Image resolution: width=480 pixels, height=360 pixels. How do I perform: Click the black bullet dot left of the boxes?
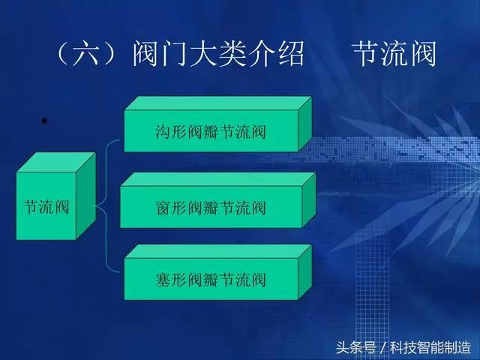click(44, 121)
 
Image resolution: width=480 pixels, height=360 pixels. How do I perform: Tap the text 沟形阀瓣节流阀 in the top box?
click(211, 132)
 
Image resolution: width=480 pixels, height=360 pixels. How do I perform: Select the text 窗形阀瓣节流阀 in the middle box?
click(211, 208)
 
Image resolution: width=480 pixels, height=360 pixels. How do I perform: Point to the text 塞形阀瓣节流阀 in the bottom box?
click(211, 280)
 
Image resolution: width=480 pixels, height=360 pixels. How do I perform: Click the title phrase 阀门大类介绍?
click(218, 53)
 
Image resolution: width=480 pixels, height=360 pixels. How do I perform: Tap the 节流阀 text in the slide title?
click(394, 53)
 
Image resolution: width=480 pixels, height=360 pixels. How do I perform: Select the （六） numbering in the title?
click(87, 53)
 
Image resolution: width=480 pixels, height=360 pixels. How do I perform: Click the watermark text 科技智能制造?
click(430, 347)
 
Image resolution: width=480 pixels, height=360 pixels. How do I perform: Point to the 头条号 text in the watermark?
click(355, 347)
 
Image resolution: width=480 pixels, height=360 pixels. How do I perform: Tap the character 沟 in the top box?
click(163, 132)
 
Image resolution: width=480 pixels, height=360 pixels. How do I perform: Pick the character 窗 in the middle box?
click(163, 208)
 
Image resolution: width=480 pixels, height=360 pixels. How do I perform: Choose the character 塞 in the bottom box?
click(163, 280)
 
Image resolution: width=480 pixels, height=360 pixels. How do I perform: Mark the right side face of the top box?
click(305, 124)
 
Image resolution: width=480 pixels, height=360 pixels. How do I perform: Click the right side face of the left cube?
click(85, 196)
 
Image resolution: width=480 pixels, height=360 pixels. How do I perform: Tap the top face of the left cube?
click(55, 163)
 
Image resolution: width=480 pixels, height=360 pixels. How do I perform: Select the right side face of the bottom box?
click(305, 271)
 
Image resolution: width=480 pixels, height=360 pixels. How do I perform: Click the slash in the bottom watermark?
click(382, 348)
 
